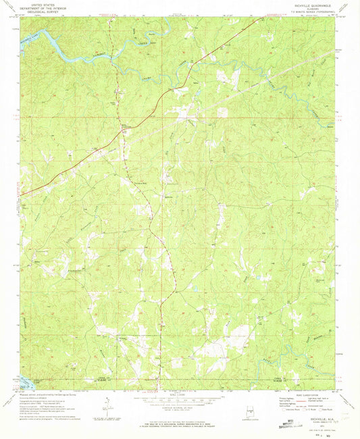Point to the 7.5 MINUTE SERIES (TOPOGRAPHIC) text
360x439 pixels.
pos(311,11)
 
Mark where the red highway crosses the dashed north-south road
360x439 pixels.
pos(124,126)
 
